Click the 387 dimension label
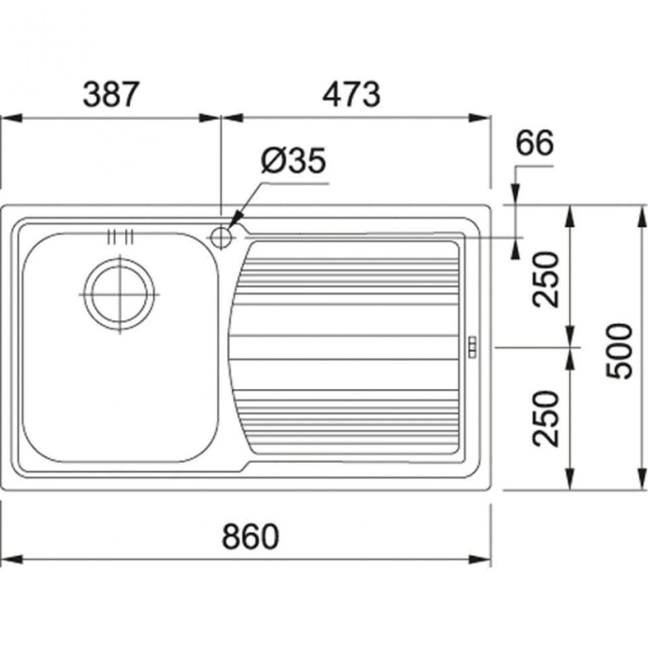pos(109,94)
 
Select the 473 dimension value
pos(351,94)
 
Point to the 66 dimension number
pos(535,142)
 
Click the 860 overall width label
pos(250,537)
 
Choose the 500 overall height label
pos(619,351)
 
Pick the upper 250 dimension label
pos(545,279)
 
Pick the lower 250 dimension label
pos(545,418)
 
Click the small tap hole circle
pos(221,238)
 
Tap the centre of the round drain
pos(119,294)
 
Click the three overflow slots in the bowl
pos(120,237)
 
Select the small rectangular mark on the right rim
pos(472,347)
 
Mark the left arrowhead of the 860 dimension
pos(11,560)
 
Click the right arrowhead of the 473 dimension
pos(479,117)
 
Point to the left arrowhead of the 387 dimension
pos(11,118)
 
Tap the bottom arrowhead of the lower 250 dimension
pos(570,479)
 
